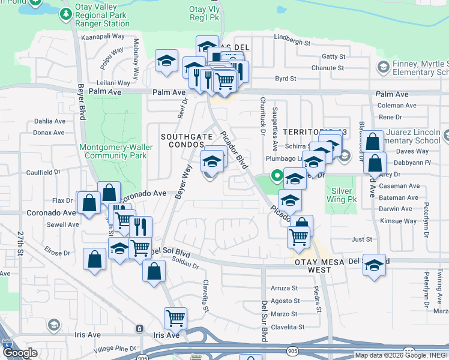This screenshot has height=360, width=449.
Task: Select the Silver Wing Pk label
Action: [x=341, y=195]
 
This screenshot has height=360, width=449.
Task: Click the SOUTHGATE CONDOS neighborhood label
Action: [x=187, y=141]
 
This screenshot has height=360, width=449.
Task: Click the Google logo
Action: [x=20, y=353]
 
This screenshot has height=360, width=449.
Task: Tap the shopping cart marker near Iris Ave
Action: [x=175, y=317]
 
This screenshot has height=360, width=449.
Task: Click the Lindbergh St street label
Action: [x=292, y=43]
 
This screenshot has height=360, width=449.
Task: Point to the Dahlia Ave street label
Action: [x=49, y=121]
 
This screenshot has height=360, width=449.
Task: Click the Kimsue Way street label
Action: [x=402, y=221]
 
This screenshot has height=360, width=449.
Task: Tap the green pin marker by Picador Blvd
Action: [x=277, y=176]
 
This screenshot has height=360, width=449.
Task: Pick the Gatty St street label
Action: [x=333, y=56]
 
